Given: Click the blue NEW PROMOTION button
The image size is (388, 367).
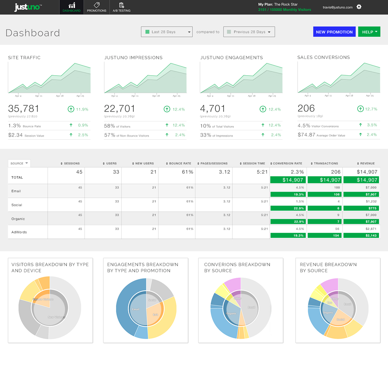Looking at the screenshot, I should tap(334, 32).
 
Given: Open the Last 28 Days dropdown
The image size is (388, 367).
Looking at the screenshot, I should tap(166, 32).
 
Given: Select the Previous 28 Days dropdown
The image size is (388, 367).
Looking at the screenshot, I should tap(249, 32).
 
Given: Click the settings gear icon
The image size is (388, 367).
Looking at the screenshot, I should tap(359, 7).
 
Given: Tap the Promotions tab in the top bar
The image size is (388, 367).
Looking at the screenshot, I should tap(97, 7).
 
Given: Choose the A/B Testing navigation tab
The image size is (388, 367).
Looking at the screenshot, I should tap(121, 7).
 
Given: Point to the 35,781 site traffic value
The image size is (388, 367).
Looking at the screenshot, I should tap(24, 109).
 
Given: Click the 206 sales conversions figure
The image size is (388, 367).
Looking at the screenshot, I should tap(306, 108).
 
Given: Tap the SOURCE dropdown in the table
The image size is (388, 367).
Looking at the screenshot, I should tap(19, 163).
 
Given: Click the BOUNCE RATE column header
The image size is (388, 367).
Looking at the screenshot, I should tap(179, 163).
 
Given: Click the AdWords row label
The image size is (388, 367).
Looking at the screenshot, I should tap(19, 232).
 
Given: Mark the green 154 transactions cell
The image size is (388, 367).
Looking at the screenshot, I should tap(324, 235).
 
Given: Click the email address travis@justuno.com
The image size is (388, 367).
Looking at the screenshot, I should tap(338, 7).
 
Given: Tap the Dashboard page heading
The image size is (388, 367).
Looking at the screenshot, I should tap(33, 33).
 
